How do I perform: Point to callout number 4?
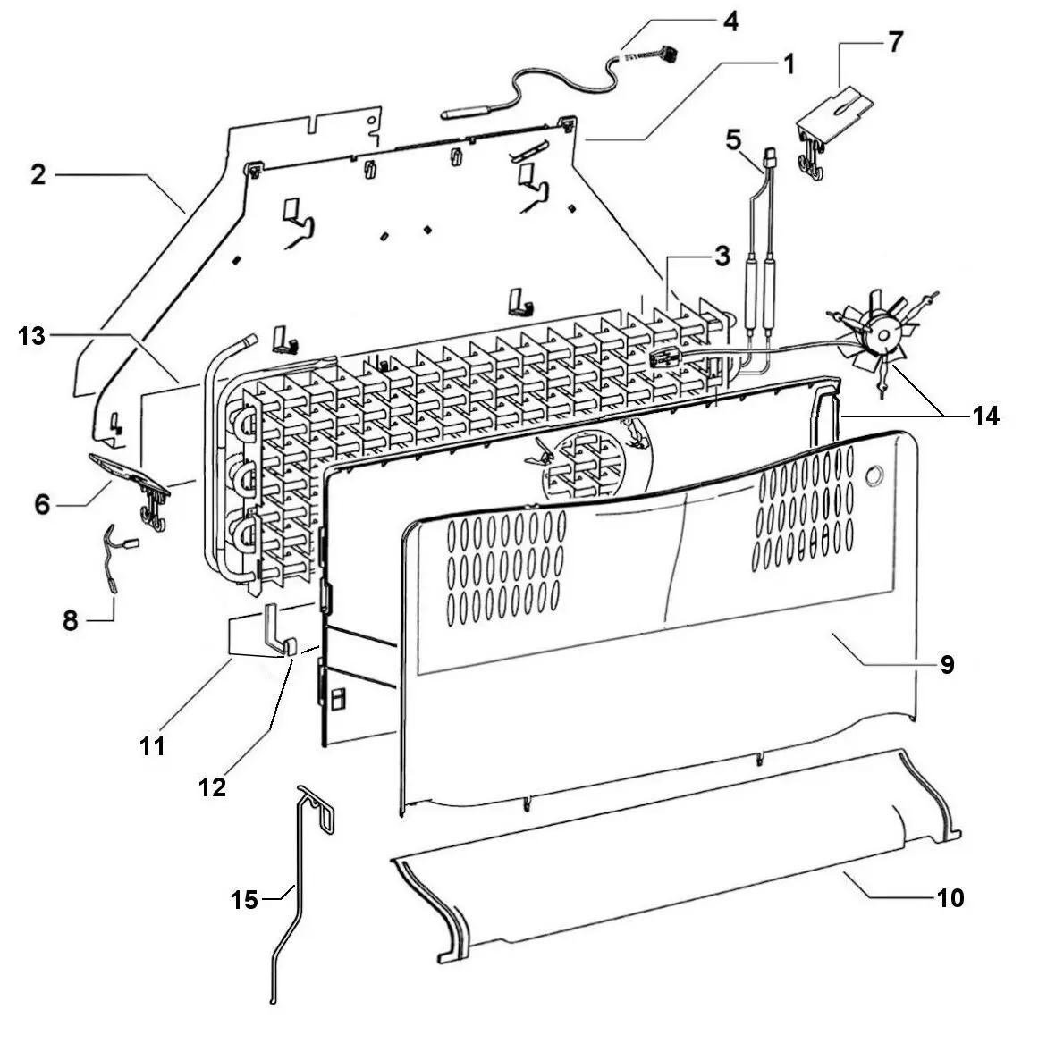coord(730,21)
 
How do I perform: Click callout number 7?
coord(895,42)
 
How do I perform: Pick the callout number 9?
coord(947,664)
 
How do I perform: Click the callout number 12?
coord(213,787)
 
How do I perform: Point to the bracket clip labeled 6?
coord(134,473)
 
